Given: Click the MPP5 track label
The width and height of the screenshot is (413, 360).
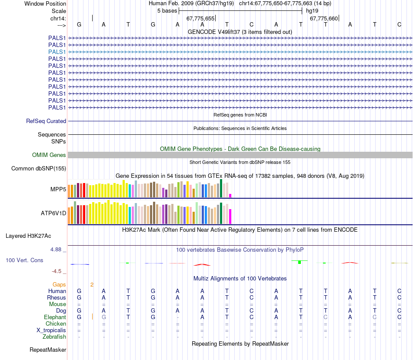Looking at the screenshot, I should coord(58,190).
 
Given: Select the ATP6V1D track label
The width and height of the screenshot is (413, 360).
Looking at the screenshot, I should coord(53,213).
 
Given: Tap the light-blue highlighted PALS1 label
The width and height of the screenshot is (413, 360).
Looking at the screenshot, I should coord(57,52).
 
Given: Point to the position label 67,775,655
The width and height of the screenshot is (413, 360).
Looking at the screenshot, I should coord(200,18).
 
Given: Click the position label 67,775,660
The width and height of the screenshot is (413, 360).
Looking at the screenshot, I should coord(324,18).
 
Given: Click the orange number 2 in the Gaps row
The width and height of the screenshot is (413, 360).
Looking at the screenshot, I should coord(92,284).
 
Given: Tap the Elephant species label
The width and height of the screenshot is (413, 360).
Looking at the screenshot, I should coord(55,317).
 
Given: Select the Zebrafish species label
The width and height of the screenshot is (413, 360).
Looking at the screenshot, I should coord(54,337).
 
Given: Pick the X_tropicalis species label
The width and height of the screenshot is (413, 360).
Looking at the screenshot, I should coord(51,330).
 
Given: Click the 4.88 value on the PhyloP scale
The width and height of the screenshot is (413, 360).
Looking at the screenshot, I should coord(57,250).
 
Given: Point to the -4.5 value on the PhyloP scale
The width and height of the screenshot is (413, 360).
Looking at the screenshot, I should coord(57,271).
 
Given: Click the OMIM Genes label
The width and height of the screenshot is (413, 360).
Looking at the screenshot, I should coord(49,155).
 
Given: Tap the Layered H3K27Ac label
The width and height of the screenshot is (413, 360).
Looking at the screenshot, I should coord(28,236).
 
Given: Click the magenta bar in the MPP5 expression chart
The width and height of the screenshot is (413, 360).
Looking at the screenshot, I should coord(230,195).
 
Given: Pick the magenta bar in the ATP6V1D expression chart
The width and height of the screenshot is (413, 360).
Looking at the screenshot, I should coord(230,216).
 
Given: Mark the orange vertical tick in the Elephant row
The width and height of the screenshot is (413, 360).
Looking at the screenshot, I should coord(93,317).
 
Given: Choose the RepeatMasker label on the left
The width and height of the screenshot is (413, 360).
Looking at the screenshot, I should coord(48,350).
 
